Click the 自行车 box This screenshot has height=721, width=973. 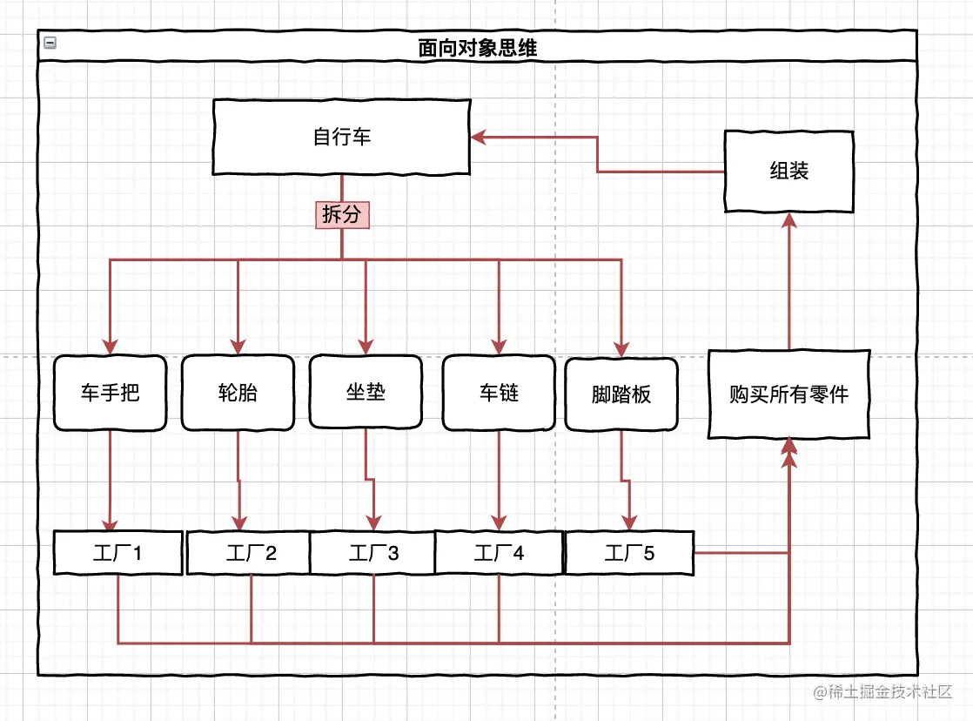pyautogui.click(x=342, y=138)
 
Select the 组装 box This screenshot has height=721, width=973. pyautogui.click(x=788, y=171)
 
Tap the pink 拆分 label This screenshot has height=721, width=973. pyautogui.click(x=342, y=214)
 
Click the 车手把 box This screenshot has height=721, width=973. pyautogui.click(x=110, y=393)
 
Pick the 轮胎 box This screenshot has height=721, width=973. pyautogui.click(x=238, y=393)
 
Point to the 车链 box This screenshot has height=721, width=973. pyautogui.click(x=499, y=393)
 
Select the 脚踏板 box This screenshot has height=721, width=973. pyautogui.click(x=621, y=394)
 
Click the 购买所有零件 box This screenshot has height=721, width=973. pyautogui.click(x=788, y=394)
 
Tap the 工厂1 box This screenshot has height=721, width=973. pyautogui.click(x=117, y=552)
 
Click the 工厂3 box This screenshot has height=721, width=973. pyautogui.click(x=373, y=553)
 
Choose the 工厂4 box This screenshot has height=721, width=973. pyautogui.click(x=499, y=553)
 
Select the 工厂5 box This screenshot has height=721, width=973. pyautogui.click(x=629, y=553)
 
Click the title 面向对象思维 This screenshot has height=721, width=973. pyautogui.click(x=478, y=47)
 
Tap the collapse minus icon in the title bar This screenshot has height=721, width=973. pyautogui.click(x=50, y=42)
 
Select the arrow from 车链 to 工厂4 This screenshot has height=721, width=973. pyautogui.click(x=499, y=479)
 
